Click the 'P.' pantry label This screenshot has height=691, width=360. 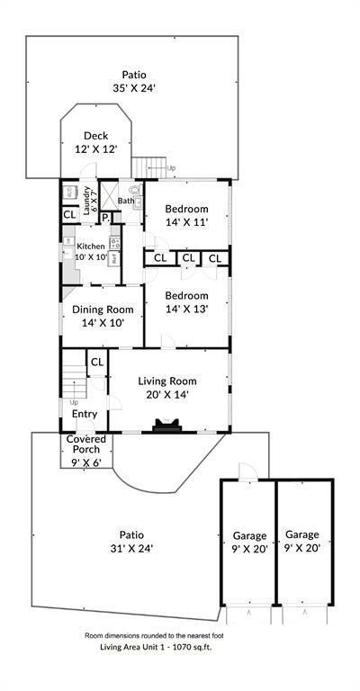click(104, 218)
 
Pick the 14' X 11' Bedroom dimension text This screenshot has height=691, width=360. click(187, 222)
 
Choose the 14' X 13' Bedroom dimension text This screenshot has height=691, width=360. click(187, 309)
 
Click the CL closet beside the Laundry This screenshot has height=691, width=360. click(69, 215)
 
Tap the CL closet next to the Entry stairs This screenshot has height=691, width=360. click(96, 362)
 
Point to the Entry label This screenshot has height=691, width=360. click(85, 414)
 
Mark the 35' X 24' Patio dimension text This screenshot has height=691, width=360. click(133, 89)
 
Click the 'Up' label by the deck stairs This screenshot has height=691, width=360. click(172, 167)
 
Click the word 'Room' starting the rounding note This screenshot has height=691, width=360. click(96, 634)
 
